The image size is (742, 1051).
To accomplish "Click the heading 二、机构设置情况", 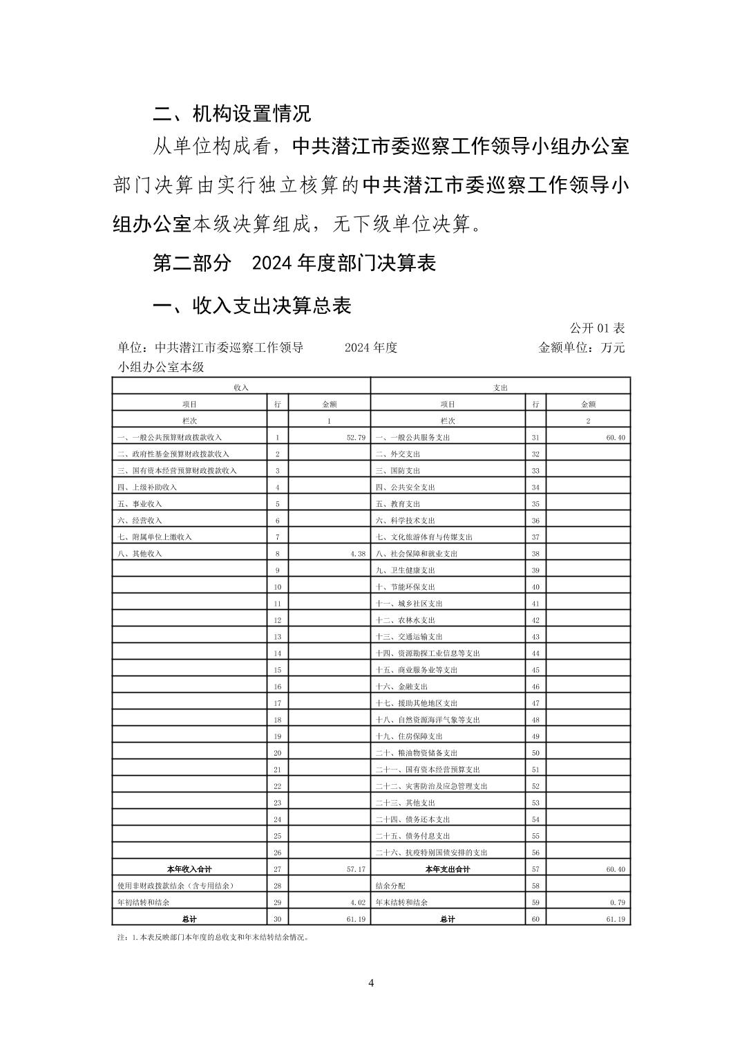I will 231,113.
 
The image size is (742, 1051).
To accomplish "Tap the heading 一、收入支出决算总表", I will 251,306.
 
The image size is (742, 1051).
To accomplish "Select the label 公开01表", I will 597,328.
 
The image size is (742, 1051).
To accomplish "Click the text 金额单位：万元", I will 581,348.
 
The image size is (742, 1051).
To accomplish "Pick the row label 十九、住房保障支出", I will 409,736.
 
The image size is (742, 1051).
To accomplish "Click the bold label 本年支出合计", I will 448,869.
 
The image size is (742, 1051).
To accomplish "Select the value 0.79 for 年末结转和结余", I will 617,902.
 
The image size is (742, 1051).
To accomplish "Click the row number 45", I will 535,670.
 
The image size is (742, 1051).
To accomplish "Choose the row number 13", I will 278,637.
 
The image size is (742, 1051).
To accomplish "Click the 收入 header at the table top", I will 241,388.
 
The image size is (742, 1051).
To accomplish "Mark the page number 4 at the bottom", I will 371,983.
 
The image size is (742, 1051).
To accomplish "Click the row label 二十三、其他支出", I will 406,803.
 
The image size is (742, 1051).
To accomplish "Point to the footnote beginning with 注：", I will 213,938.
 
